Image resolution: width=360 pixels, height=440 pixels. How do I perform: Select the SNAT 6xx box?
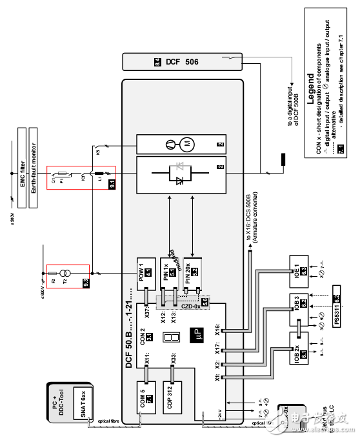83,404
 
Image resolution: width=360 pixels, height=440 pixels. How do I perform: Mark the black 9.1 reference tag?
111,184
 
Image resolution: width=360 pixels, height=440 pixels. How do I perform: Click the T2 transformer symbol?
63,274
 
